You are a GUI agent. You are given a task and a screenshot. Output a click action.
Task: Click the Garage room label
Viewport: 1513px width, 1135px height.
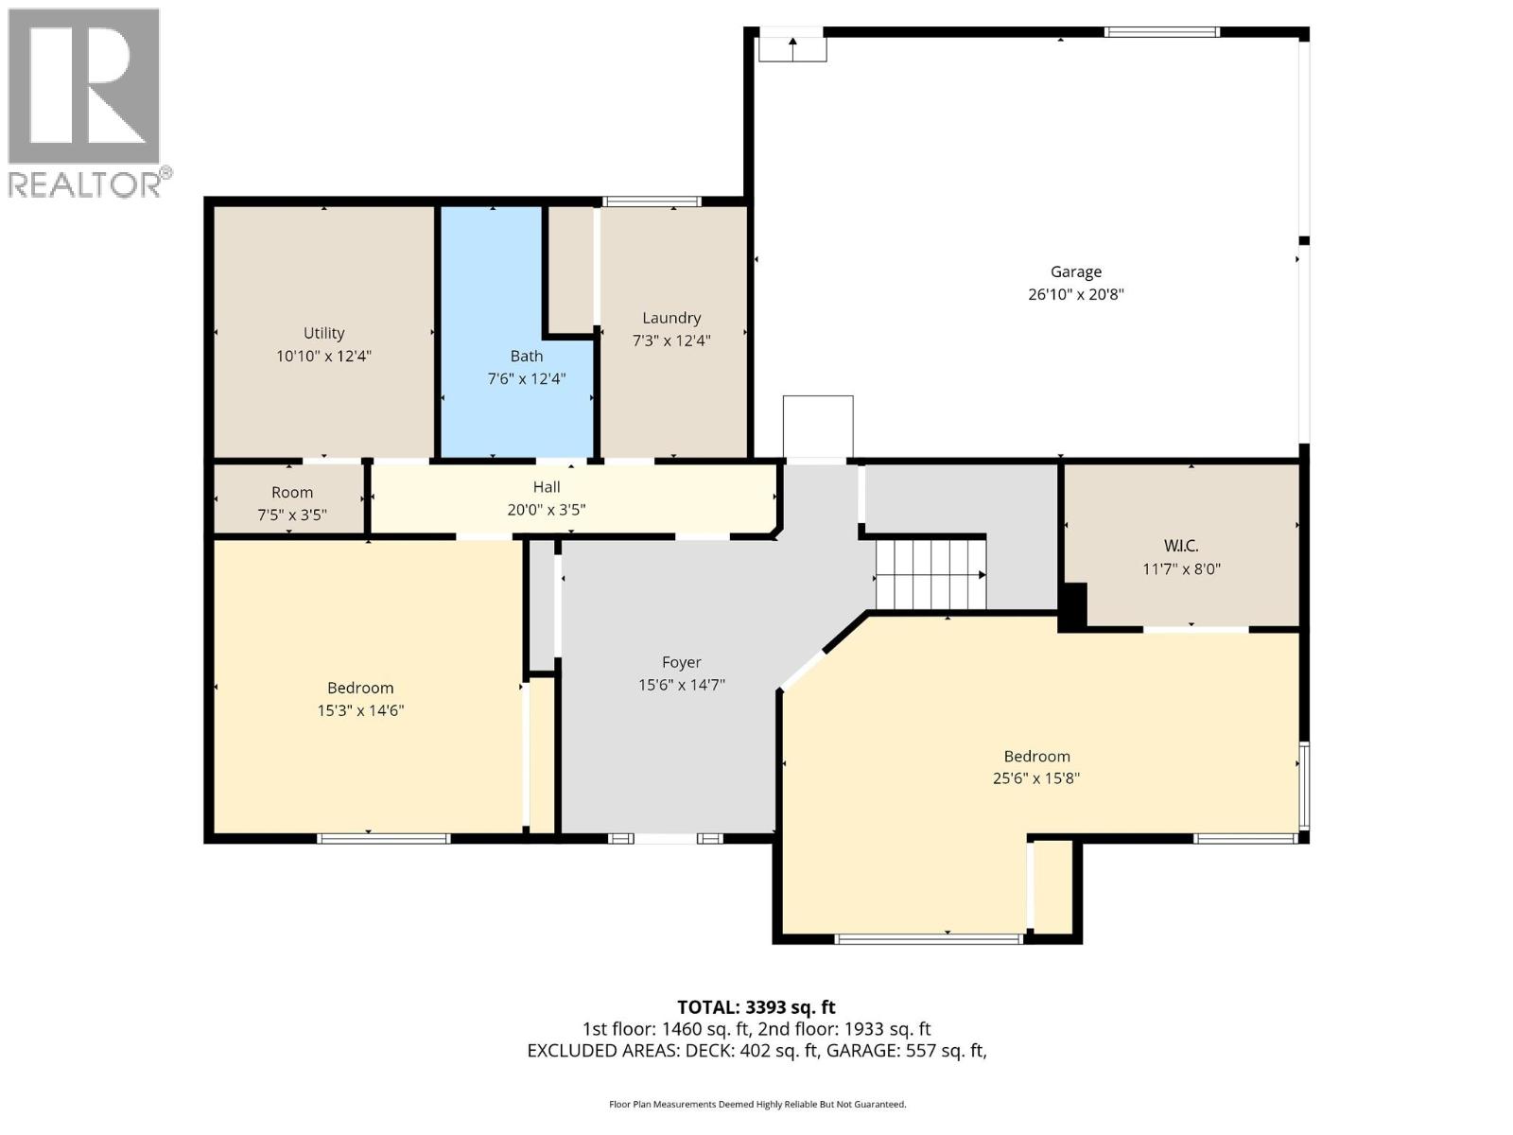(1075, 272)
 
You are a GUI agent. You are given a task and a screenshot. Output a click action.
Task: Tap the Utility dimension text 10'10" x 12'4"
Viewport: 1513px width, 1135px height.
(323, 357)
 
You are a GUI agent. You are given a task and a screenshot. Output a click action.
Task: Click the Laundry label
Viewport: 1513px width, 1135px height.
(671, 319)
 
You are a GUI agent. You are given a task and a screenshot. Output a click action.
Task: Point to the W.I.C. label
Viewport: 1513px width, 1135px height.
(1181, 546)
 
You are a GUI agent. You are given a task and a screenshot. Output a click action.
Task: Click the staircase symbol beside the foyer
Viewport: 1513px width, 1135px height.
(930, 574)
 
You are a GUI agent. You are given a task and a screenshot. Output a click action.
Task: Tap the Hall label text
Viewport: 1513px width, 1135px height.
(547, 487)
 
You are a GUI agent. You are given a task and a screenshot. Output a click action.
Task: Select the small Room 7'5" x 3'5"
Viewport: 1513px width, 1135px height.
(290, 502)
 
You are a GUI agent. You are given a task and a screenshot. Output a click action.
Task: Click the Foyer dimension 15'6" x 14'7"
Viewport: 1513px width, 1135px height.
(681, 685)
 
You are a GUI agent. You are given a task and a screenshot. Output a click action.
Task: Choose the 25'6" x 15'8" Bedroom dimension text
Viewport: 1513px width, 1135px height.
(1036, 778)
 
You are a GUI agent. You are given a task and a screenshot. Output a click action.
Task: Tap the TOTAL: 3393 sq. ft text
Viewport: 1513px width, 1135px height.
(756, 1007)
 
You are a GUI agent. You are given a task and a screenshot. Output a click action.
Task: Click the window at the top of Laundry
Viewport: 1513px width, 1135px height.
(652, 201)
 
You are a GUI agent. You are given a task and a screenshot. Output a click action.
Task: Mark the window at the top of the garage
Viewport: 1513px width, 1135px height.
(1161, 32)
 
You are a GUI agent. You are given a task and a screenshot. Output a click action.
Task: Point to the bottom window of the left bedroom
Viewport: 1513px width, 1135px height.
(383, 838)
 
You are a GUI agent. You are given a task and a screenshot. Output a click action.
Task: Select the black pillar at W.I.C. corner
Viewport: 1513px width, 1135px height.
(1072, 606)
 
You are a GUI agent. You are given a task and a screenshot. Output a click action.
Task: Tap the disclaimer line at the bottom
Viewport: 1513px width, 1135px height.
(756, 1104)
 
